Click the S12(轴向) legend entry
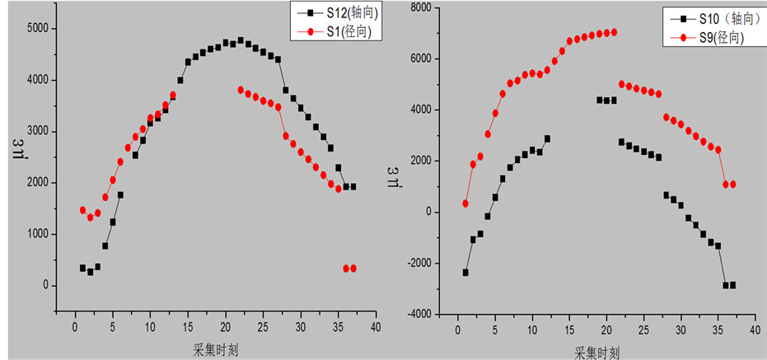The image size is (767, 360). pos(338,14)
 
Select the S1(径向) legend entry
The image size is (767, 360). pos(337,32)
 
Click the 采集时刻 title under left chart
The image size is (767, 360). pos(215,349)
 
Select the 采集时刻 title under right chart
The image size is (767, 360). pos(601,352)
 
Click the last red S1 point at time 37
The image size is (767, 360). pos(353,269)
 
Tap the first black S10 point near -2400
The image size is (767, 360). pos(465,273)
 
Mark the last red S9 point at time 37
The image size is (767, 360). pos(732,185)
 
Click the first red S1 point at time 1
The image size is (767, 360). pos(82,210)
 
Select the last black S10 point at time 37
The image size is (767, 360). pos(732,285)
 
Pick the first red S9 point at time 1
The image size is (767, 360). pos(465,203)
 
